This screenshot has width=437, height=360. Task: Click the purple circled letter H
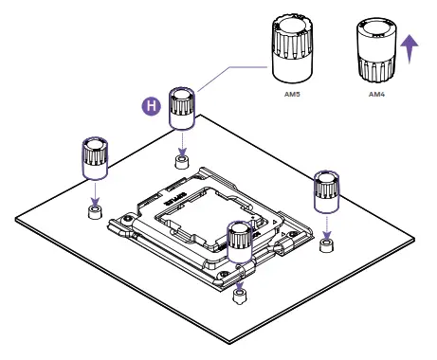(x=149, y=107)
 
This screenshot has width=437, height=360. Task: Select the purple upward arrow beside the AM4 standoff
(x=410, y=47)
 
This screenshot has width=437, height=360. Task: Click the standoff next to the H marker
(x=182, y=108)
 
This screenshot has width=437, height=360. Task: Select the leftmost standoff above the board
(x=95, y=157)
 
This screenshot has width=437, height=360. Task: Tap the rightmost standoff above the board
(x=325, y=194)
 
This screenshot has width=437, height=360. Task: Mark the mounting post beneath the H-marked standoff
(x=182, y=160)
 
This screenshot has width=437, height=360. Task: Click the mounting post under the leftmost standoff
(x=95, y=210)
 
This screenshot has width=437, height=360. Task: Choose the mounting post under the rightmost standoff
(x=326, y=245)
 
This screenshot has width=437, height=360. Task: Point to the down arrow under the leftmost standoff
(x=95, y=191)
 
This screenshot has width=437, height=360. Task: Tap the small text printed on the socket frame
(x=177, y=201)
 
